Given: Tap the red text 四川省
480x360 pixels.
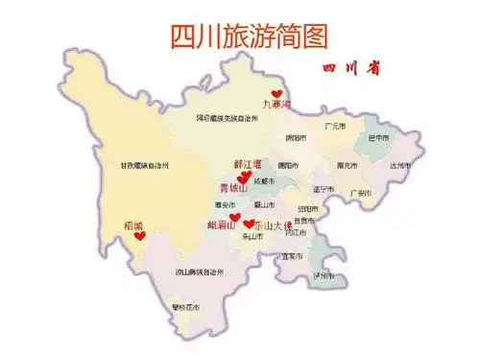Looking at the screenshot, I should point(350,70).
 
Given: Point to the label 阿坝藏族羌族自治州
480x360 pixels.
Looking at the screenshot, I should point(228,117).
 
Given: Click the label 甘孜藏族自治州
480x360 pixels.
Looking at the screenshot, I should point(144,165).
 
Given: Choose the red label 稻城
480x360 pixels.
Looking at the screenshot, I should point(133,226).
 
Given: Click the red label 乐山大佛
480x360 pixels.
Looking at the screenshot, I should point(272,224).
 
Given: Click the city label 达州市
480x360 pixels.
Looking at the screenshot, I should point(401,165).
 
